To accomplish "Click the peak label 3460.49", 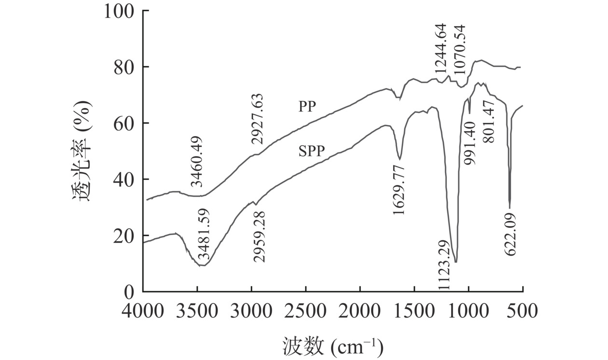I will pyautogui.click(x=196, y=161).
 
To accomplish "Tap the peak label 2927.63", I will pyautogui.click(x=257, y=119).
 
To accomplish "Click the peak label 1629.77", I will pyautogui.click(x=399, y=189).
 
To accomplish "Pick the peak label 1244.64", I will pyautogui.click(x=441, y=49).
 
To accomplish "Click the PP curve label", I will pyautogui.click(x=307, y=107).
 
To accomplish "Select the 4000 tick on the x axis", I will pyautogui.click(x=143, y=310).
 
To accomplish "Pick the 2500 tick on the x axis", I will pyautogui.click(x=306, y=310).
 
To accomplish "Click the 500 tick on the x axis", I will pyautogui.click(x=523, y=310).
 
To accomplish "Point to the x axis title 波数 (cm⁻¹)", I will pyautogui.click(x=333, y=345).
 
